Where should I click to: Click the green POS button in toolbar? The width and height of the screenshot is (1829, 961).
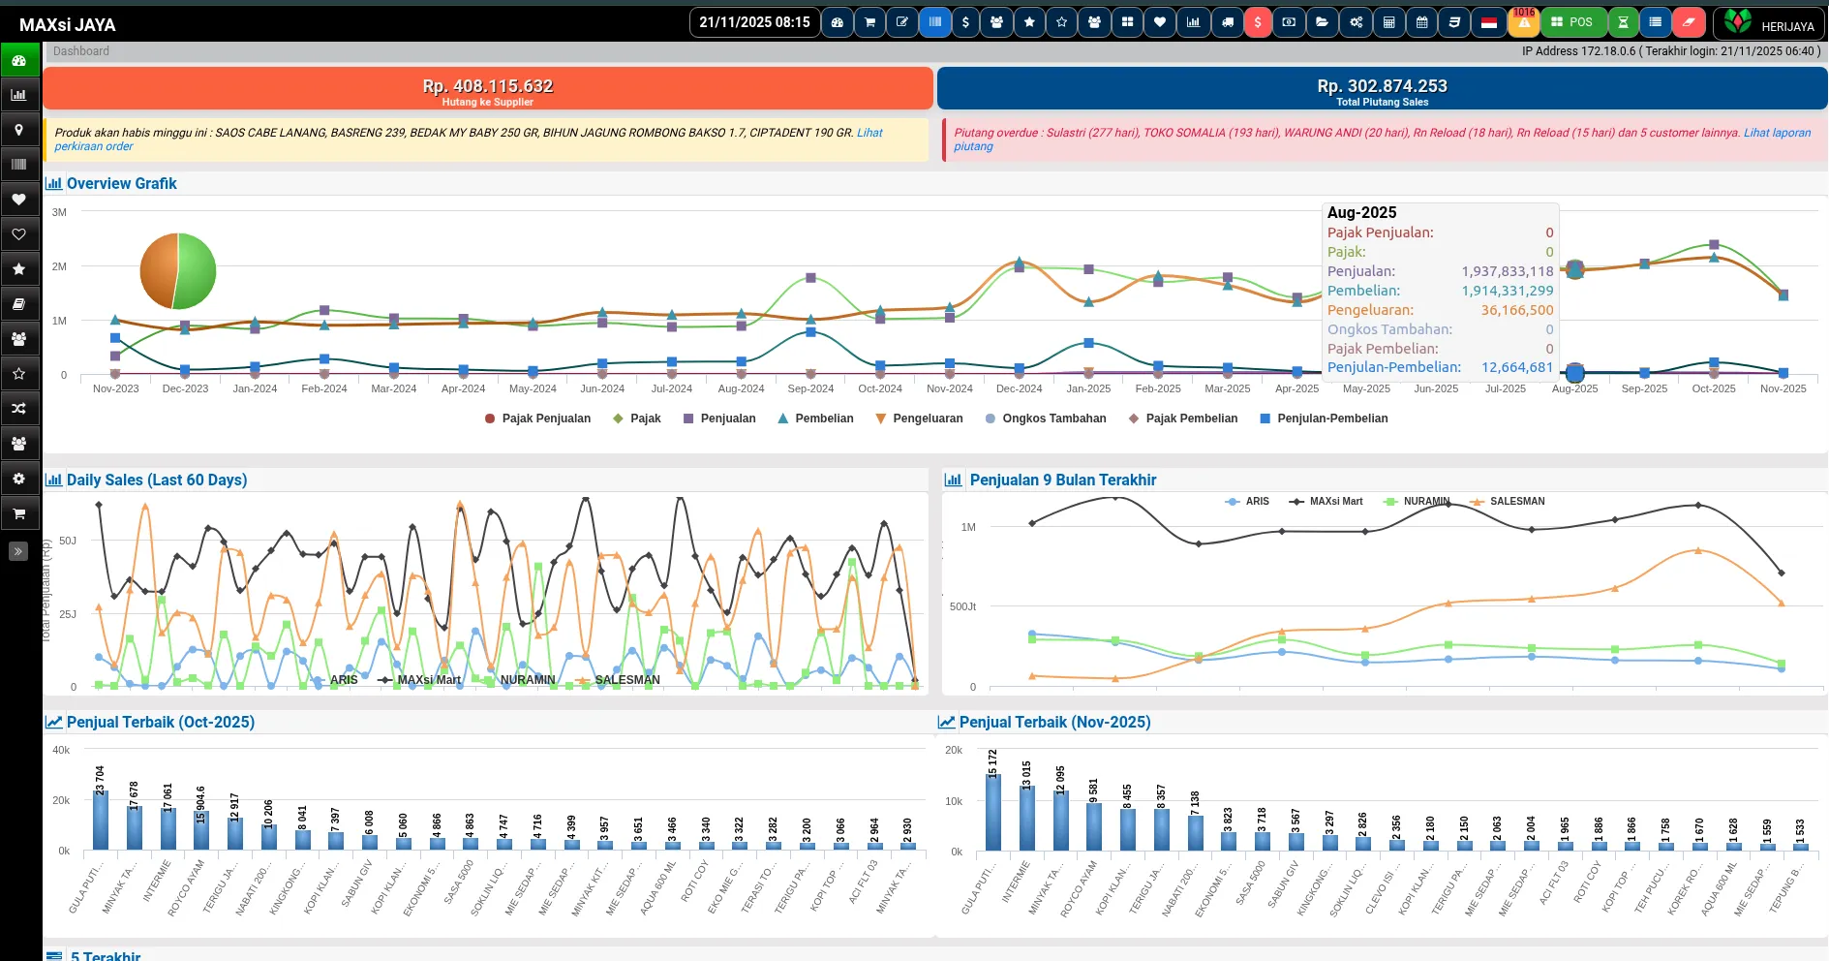[x=1571, y=22]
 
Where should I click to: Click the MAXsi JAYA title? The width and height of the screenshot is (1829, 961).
[x=67, y=25]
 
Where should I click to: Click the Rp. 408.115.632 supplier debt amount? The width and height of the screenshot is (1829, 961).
[x=487, y=86]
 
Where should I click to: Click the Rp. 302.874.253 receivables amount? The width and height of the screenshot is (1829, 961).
[x=1382, y=86]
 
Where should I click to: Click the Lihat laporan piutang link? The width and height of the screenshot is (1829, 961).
[x=1777, y=133]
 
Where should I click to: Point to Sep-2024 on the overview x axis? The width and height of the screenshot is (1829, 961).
[x=810, y=388]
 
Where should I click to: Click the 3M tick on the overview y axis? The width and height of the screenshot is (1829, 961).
[x=60, y=212]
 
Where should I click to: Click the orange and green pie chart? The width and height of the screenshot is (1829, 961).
[x=178, y=271]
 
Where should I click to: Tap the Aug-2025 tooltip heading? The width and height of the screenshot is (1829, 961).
[x=1361, y=212]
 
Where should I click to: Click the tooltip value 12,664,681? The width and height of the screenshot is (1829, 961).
[x=1516, y=367]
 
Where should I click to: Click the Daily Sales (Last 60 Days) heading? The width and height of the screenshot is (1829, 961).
[x=156, y=480]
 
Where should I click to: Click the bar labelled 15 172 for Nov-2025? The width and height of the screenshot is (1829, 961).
[x=993, y=812]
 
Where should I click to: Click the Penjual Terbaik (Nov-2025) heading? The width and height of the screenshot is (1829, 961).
[x=1054, y=722]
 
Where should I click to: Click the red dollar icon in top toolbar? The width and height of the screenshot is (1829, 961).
[x=1257, y=22]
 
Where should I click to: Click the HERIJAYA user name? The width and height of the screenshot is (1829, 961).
[x=1786, y=26]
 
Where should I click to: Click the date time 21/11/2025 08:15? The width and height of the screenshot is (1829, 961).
[x=754, y=22]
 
